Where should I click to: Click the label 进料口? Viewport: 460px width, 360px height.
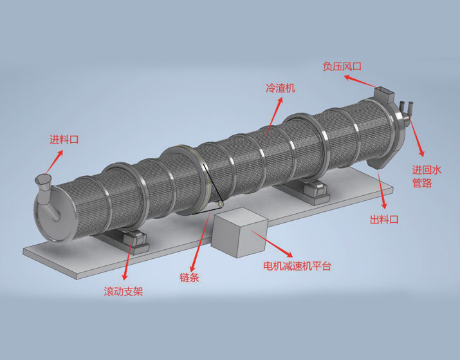click(x=64, y=139)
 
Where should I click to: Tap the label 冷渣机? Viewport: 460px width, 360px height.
click(x=281, y=89)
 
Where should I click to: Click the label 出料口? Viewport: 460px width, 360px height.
click(x=385, y=220)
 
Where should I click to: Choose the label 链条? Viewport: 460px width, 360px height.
click(x=189, y=278)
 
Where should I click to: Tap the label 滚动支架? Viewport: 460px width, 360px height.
click(x=123, y=291)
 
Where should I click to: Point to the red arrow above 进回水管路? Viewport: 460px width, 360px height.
click(x=418, y=138)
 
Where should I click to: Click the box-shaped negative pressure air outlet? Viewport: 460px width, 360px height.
click(x=385, y=95)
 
